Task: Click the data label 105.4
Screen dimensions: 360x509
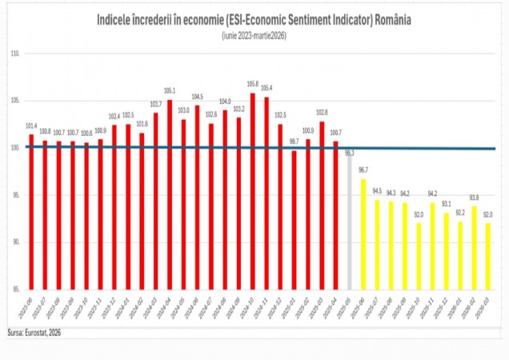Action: click(267, 88)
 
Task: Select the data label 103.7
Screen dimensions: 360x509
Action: click(156, 104)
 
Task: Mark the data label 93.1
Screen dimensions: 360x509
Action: click(446, 204)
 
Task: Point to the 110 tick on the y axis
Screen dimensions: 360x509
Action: click(14, 54)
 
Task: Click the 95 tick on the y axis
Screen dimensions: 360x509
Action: click(14, 194)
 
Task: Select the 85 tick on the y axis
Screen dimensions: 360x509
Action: click(14, 289)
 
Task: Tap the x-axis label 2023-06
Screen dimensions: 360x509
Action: click(28, 305)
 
